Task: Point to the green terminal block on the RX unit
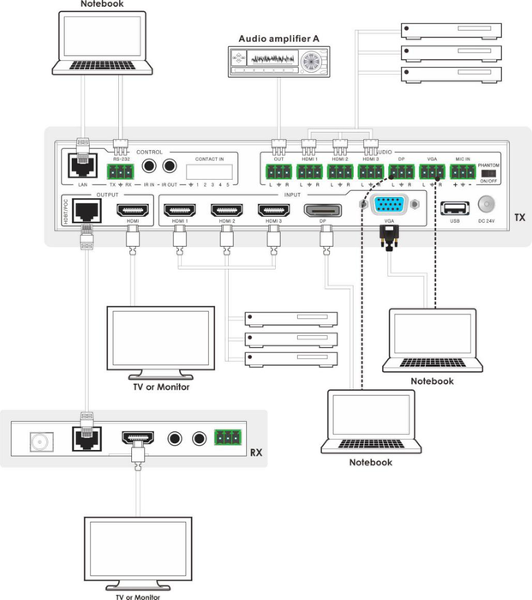pos(227,437)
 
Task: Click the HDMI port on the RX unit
pos(136,440)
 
